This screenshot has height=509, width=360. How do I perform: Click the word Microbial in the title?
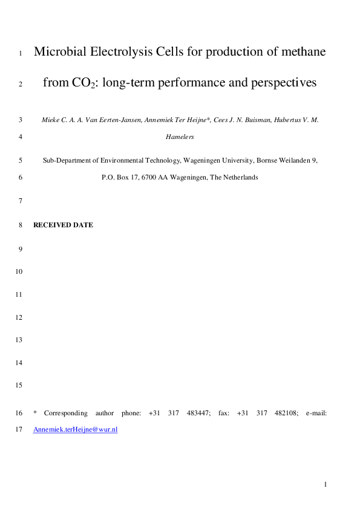tap(59, 52)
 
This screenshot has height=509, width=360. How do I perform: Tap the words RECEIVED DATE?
tap(63, 225)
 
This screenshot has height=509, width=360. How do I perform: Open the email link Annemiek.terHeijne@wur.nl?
tap(75, 429)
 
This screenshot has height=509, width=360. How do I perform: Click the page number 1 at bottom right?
tap(325, 485)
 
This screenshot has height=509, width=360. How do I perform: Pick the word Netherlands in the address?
tap(240, 178)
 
